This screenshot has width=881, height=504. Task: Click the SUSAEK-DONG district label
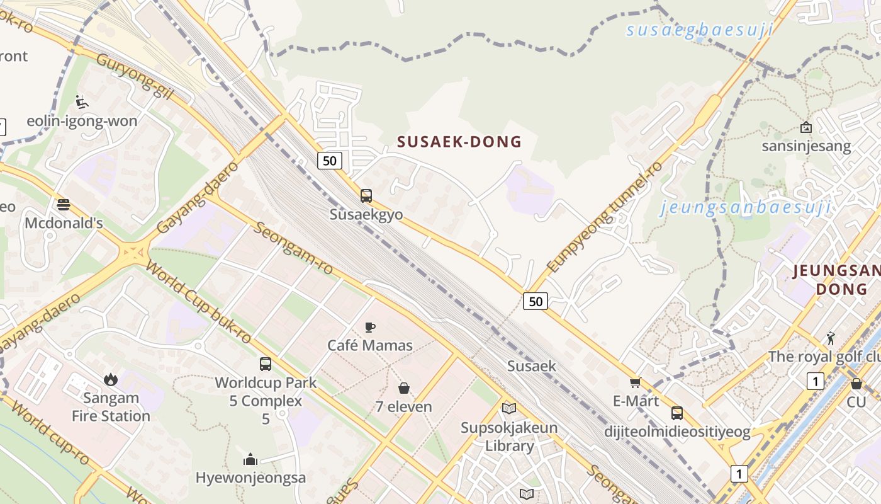(459, 142)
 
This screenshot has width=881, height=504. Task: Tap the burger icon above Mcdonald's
(64, 204)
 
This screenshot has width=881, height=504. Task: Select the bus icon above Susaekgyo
(366, 196)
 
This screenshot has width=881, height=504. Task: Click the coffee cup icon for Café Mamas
(370, 327)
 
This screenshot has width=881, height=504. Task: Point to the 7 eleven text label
(404, 407)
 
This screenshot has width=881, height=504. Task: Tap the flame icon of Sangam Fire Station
(111, 379)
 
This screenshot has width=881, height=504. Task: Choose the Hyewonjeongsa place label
(250, 478)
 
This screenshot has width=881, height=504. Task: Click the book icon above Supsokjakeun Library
(509, 408)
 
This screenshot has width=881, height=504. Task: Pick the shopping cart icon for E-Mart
(636, 382)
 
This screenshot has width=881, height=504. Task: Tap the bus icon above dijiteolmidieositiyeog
(677, 413)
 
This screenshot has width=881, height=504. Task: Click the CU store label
(856, 402)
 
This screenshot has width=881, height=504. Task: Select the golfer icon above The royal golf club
(831, 338)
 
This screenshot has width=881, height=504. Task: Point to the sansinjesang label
(806, 147)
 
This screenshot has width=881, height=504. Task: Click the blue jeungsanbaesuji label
(745, 207)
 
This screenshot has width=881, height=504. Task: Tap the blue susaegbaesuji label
(699, 30)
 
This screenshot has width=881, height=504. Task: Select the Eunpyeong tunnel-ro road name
(605, 217)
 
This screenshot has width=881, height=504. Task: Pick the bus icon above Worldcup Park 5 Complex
(266, 364)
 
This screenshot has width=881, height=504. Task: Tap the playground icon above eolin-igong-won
(82, 101)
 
